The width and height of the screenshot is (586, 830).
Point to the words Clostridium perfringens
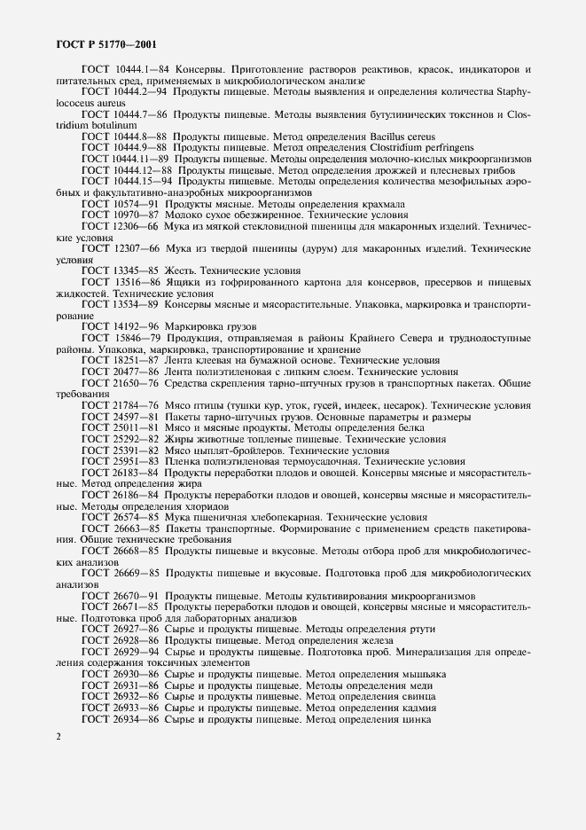tap(427, 147)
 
